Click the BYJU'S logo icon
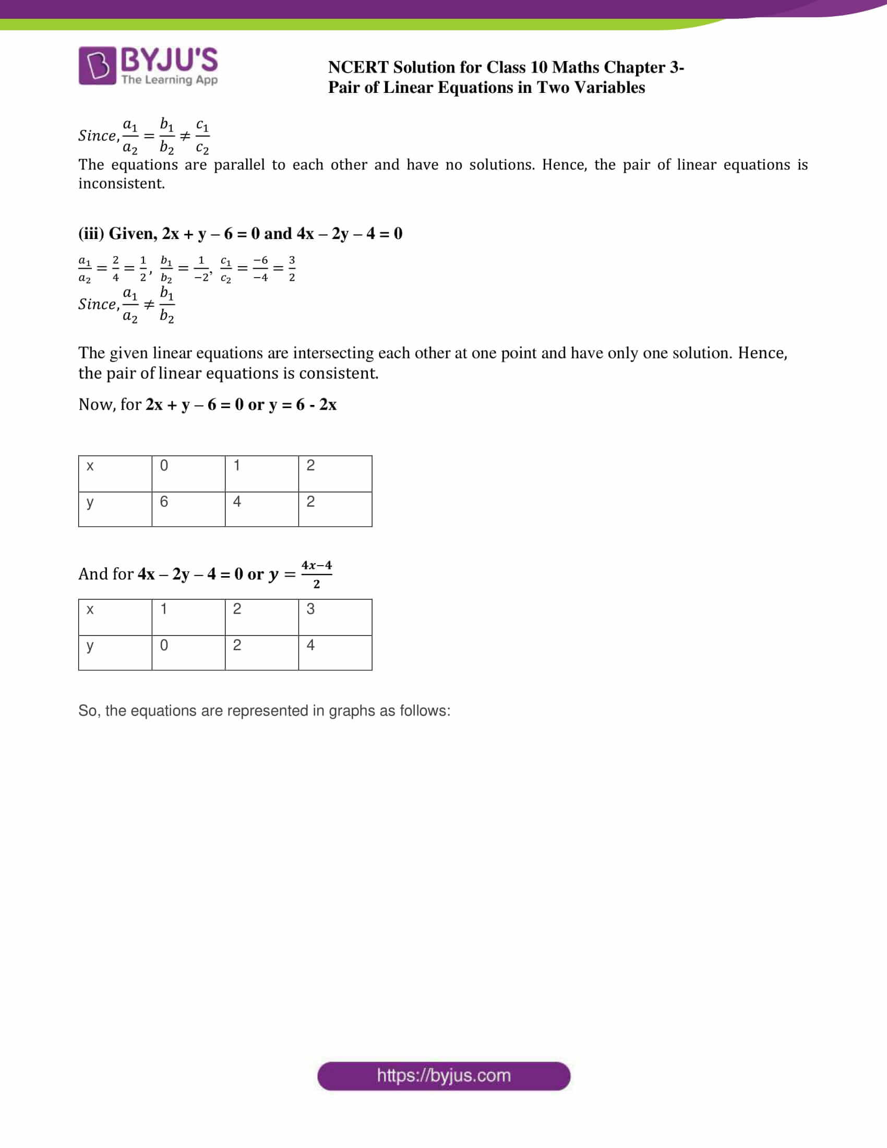[x=97, y=66]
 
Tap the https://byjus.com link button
[x=443, y=1075]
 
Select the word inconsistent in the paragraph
[x=122, y=184]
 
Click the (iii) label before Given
[x=91, y=233]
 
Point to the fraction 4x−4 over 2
[x=316, y=574]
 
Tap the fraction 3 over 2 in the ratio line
[x=292, y=269]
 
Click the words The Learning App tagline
[x=169, y=80]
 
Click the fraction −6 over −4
[x=260, y=269]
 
